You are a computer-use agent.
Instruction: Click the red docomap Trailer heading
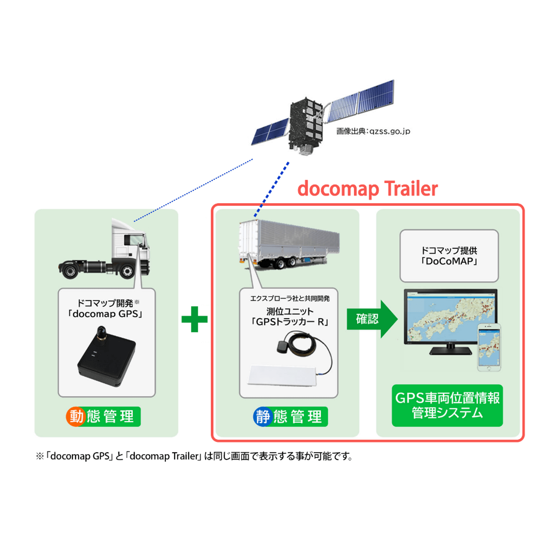click(x=367, y=189)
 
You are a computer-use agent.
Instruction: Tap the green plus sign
click(x=195, y=319)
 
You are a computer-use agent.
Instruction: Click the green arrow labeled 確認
click(x=371, y=319)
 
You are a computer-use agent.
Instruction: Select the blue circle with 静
click(x=263, y=417)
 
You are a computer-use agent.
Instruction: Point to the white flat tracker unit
click(x=282, y=375)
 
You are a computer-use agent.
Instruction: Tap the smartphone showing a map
click(x=489, y=347)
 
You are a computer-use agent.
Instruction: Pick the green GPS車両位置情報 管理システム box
click(x=447, y=405)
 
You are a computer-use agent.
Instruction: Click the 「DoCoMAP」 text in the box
click(x=449, y=261)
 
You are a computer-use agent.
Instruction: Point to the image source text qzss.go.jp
click(x=373, y=131)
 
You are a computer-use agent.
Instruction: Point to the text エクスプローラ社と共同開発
click(x=290, y=298)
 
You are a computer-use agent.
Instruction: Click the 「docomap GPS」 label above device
click(x=105, y=314)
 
